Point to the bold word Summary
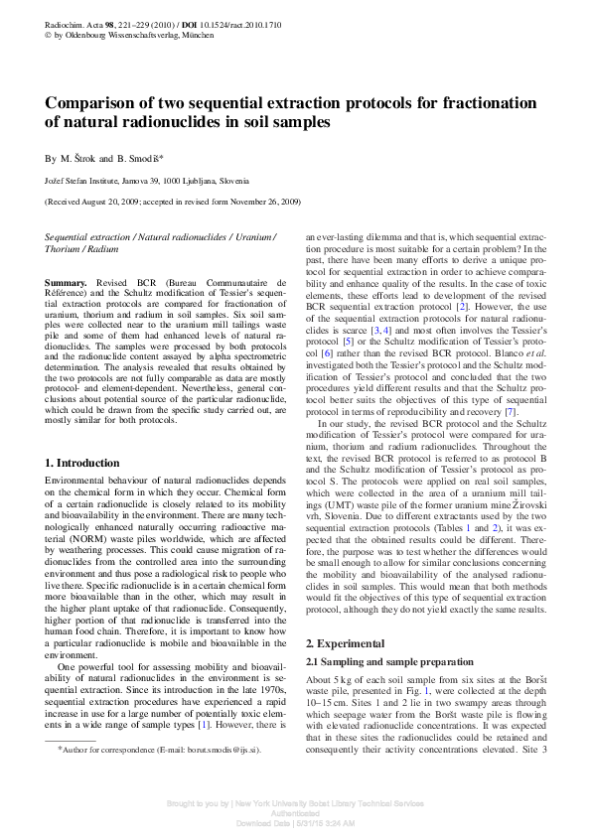(x=67, y=283)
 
